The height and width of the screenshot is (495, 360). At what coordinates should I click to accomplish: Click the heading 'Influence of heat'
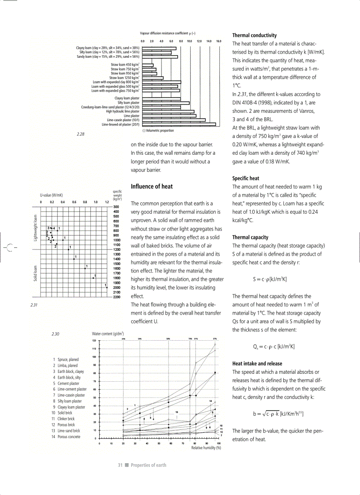[x=152, y=186]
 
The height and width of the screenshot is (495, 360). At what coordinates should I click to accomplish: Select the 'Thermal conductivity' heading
[x=255, y=35]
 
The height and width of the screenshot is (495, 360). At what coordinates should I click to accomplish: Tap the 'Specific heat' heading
[x=246, y=179]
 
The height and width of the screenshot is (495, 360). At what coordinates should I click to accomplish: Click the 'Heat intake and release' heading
[x=257, y=364]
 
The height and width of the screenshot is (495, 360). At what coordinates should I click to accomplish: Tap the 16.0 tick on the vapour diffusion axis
[x=218, y=41]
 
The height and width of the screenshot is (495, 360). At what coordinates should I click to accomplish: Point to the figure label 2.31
[x=33, y=305]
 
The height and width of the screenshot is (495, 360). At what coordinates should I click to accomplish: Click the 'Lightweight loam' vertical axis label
[x=36, y=228]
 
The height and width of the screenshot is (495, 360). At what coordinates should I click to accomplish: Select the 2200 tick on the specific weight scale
[x=117, y=297]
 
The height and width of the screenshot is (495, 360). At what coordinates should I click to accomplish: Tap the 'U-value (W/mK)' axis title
[x=51, y=194]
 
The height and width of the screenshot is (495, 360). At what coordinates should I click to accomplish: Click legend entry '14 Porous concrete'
[x=66, y=437]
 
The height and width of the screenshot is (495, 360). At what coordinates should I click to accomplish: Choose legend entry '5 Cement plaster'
[x=66, y=383]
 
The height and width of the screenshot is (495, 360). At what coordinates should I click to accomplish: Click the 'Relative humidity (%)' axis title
[x=206, y=447]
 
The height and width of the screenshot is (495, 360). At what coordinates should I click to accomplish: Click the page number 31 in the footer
[x=120, y=465]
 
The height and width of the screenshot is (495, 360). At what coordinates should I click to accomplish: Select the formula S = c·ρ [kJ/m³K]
[x=270, y=279]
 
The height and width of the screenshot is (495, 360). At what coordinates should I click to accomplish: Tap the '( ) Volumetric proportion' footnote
[x=158, y=130]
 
